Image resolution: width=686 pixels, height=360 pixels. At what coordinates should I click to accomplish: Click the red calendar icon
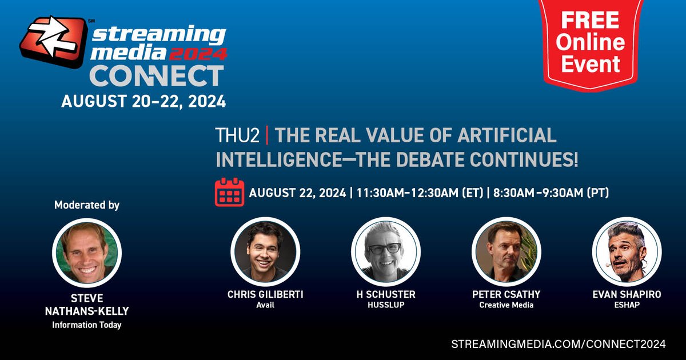coord(229,192)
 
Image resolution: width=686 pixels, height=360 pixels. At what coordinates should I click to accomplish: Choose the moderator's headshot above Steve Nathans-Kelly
coord(87,251)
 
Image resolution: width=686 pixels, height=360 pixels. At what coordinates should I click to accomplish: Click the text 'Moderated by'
coord(87,205)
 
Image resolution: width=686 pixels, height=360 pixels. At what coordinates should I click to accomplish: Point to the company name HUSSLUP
coord(385,305)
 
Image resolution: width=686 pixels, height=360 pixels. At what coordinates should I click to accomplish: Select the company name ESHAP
coord(627,305)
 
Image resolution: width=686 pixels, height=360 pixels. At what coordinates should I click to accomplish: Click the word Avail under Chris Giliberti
coord(265,305)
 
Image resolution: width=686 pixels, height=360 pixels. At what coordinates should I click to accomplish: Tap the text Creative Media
coord(506,305)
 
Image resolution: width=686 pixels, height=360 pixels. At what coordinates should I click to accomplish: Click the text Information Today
coord(87,325)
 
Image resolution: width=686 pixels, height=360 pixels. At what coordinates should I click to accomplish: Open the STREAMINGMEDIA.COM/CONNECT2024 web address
coord(558,344)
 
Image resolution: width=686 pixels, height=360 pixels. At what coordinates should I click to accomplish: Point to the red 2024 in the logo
coord(200,54)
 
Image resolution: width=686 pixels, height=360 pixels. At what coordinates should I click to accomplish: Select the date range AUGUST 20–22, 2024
coord(143,102)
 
